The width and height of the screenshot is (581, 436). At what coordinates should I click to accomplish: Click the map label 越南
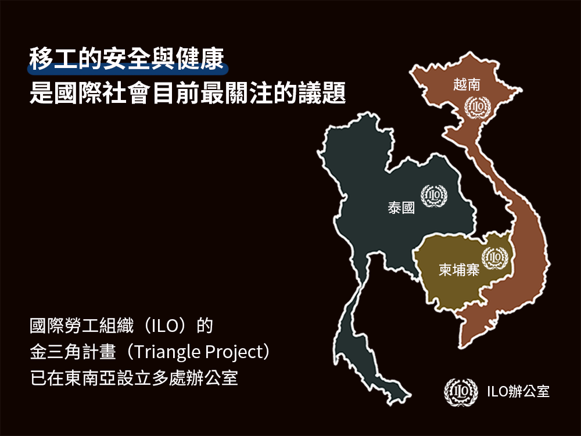pos(467,84)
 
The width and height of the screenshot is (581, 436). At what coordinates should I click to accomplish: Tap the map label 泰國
pos(401,208)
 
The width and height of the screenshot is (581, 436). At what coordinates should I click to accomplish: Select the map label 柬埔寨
pos(459,270)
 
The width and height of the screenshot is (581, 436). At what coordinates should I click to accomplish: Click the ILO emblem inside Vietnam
pos(478,107)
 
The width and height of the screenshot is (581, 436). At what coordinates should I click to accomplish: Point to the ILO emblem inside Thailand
pos(434,196)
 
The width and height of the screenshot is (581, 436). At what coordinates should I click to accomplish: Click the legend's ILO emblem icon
pos(461,391)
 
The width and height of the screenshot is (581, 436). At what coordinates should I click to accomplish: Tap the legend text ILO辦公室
pos(518,391)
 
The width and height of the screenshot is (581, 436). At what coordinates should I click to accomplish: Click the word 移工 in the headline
pos(53,59)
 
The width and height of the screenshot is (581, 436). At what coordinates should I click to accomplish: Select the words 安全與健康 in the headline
pos(163,59)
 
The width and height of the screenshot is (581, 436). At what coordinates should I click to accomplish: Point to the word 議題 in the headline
pos(322,92)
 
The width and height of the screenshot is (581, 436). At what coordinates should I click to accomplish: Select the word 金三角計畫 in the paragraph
pos(73,352)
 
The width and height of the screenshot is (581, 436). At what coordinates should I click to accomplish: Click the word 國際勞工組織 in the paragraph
pos(81,326)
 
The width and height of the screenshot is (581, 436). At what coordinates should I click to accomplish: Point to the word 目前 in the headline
pos(175,92)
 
